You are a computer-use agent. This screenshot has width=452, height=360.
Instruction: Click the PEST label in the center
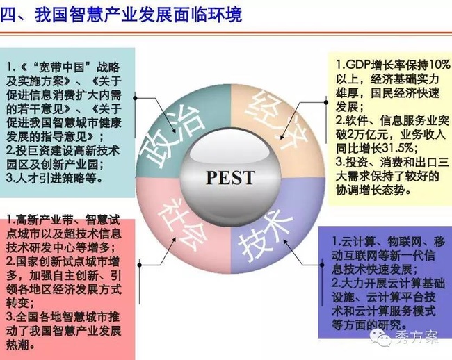230,177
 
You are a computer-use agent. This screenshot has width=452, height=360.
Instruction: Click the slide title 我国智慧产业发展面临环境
138,15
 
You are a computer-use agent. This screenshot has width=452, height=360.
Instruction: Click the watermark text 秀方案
417,336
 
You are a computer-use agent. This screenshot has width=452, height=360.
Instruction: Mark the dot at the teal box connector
135,98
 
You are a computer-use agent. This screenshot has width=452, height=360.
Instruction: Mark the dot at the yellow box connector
326,102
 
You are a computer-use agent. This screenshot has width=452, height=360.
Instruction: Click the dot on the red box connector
140,265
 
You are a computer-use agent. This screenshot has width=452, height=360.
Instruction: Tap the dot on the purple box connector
322,264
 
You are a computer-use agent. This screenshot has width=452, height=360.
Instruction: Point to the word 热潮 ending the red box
18,345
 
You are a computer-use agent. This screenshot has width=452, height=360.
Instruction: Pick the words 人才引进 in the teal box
39,179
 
